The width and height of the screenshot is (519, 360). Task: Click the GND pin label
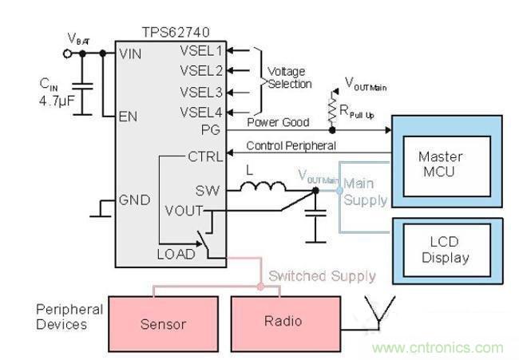133,199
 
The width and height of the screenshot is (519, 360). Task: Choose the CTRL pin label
205,156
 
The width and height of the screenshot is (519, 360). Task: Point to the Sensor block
163,323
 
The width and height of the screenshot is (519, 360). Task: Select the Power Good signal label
278,122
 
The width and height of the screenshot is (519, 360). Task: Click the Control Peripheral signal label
291,145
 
